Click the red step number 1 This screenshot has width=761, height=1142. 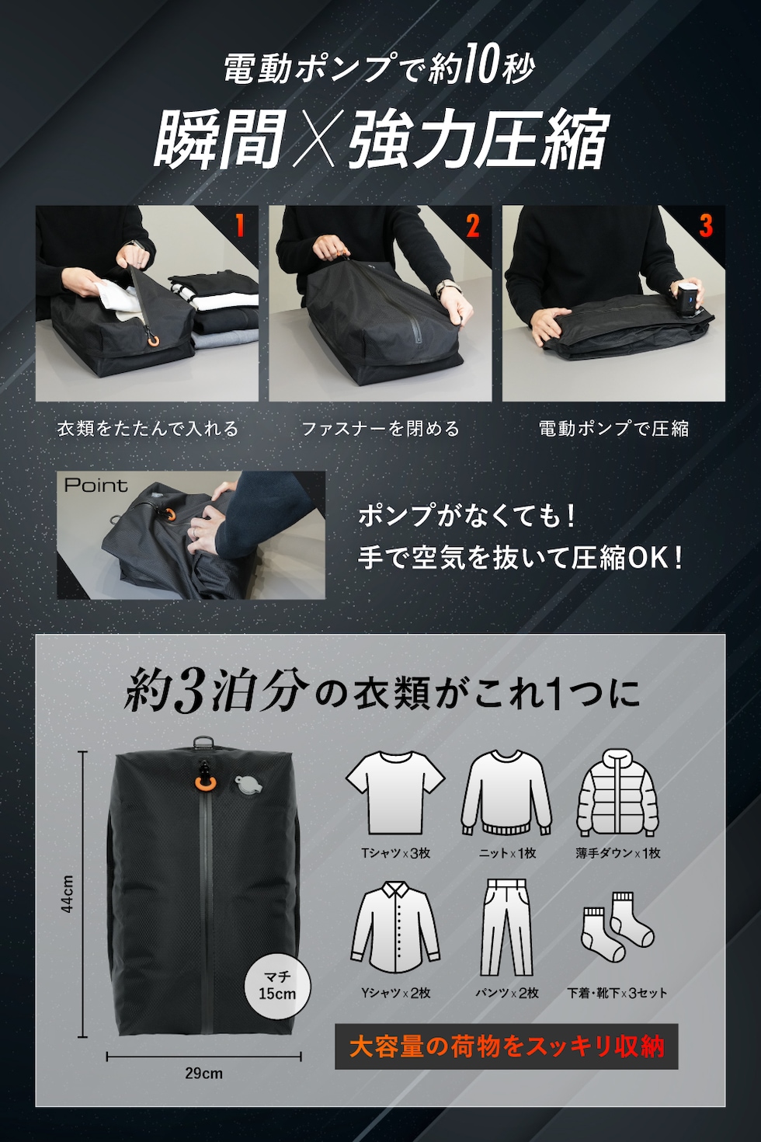[240, 226]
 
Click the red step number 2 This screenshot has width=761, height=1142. [472, 226]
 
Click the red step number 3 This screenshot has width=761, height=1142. [705, 226]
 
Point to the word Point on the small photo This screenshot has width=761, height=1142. [96, 486]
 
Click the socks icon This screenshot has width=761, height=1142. [617, 926]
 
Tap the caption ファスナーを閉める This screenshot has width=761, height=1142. [380, 428]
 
